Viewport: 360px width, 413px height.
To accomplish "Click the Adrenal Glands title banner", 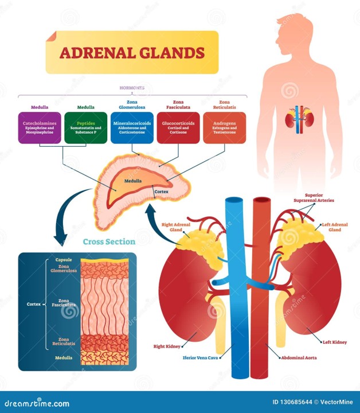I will pos(132,53).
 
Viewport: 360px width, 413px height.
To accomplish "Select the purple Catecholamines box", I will pos(40,127).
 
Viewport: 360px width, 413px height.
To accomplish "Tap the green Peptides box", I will pos(86,127).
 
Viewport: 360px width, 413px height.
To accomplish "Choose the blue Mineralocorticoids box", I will pos(132,127).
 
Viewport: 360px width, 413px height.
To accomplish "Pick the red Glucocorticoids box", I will pos(178,127).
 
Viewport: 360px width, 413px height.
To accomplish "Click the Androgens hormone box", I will pos(224,127).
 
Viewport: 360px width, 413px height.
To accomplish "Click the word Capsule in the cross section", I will pos(64,259).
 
